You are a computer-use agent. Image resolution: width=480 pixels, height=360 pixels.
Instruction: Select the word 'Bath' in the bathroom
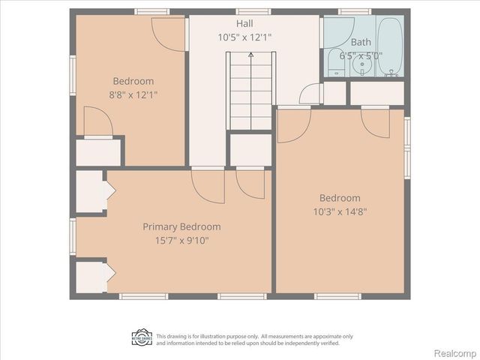click(x=361, y=42)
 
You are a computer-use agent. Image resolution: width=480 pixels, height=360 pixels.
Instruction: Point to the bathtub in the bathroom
click(x=390, y=46)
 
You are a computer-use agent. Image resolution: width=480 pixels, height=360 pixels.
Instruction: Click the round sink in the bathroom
click(x=361, y=65)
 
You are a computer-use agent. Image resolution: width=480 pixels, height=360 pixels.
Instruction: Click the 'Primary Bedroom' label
click(x=181, y=226)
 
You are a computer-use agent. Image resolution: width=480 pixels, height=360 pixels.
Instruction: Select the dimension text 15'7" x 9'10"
click(x=181, y=241)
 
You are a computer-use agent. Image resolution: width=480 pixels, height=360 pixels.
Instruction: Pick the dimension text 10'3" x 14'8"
click(x=339, y=211)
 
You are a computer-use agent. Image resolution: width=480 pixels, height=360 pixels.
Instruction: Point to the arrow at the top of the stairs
click(x=250, y=55)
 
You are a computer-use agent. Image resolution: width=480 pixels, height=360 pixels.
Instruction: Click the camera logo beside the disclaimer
click(x=142, y=337)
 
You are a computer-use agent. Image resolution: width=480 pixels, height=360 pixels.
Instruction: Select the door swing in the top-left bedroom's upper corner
click(x=169, y=33)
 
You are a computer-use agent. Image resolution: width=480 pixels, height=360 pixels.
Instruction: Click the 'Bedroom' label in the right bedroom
click(x=339, y=198)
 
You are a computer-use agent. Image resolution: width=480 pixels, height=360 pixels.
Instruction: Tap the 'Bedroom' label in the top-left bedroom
click(x=133, y=81)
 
